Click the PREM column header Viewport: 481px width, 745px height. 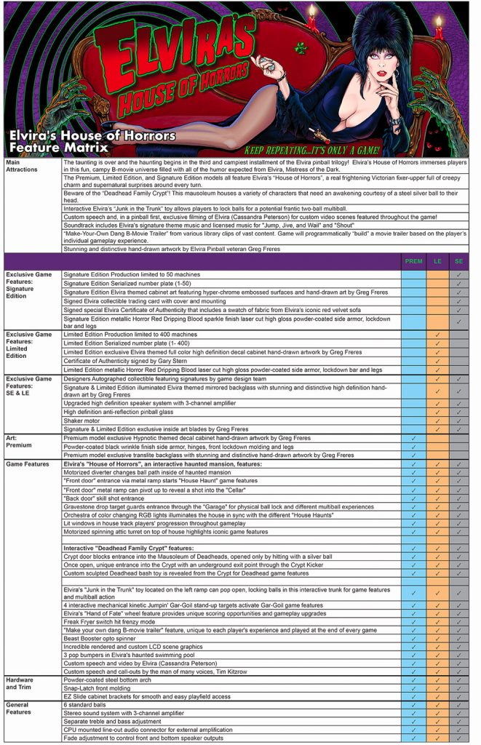point(413,260)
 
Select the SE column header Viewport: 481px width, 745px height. point(458,260)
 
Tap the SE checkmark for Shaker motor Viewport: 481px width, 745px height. point(458,421)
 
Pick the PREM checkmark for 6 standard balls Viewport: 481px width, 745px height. point(413,704)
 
